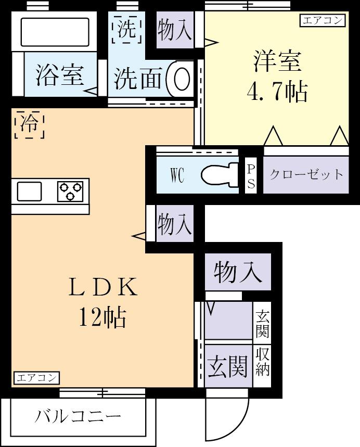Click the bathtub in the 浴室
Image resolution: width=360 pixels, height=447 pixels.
[55, 32]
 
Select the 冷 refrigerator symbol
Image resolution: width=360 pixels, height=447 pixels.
[30, 124]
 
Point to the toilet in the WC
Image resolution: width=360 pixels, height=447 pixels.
[220, 174]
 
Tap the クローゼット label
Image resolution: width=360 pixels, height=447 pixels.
[306, 174]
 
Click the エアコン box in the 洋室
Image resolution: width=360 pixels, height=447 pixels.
[322, 21]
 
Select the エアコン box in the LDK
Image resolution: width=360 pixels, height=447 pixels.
[36, 378]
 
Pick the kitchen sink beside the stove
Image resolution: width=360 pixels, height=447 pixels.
[29, 191]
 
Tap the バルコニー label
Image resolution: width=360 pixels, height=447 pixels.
[78, 417]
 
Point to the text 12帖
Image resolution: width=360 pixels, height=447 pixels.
[102, 317]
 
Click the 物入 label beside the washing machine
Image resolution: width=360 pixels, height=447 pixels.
[174, 30]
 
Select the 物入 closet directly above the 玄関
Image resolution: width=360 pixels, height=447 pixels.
[238, 272]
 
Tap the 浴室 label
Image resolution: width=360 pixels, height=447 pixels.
[60, 75]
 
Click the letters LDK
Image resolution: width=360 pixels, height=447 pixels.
[102, 287]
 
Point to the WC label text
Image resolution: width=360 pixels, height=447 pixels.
[177, 175]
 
